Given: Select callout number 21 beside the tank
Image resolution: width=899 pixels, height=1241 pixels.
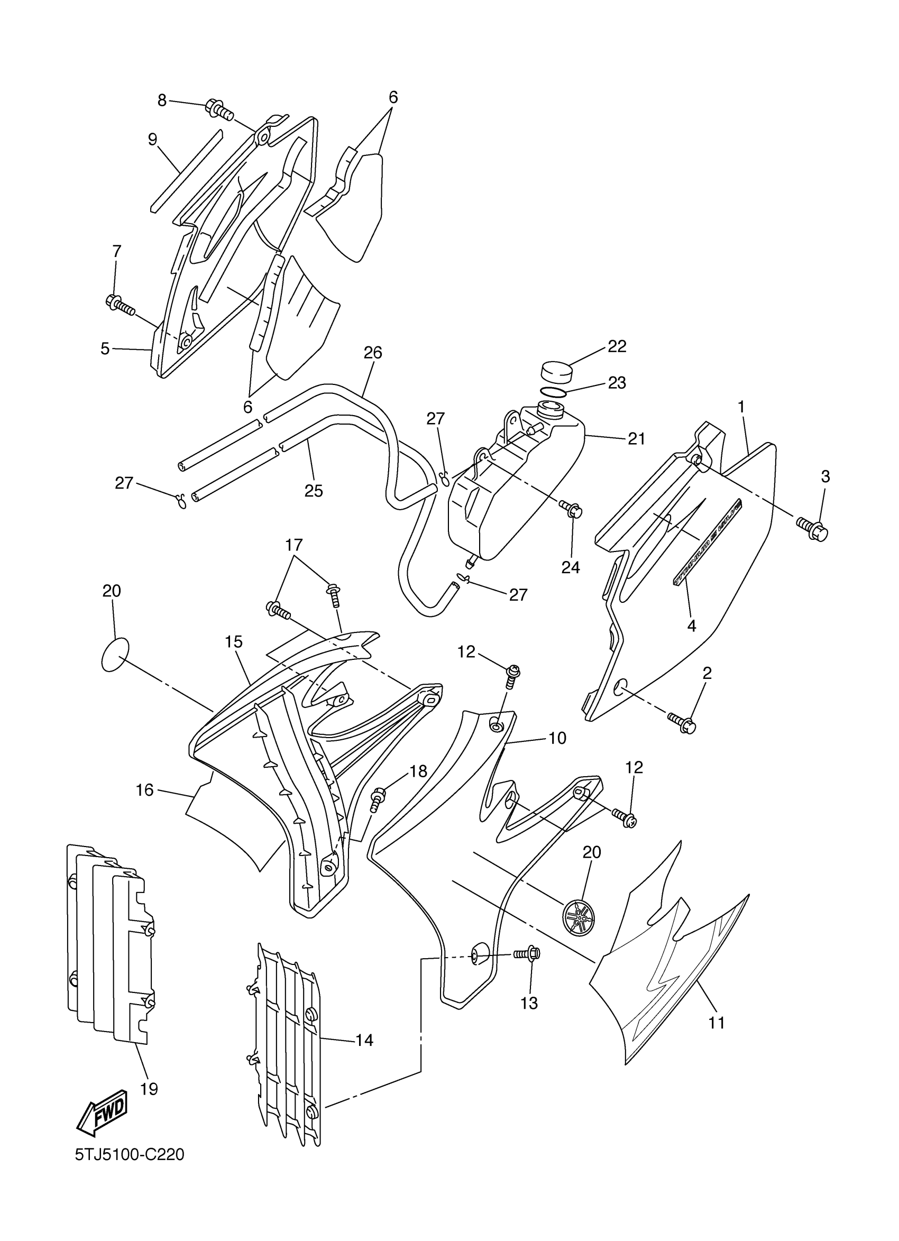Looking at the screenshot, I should [636, 438].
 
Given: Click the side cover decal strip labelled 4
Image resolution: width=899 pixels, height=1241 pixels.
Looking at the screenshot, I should [707, 540].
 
